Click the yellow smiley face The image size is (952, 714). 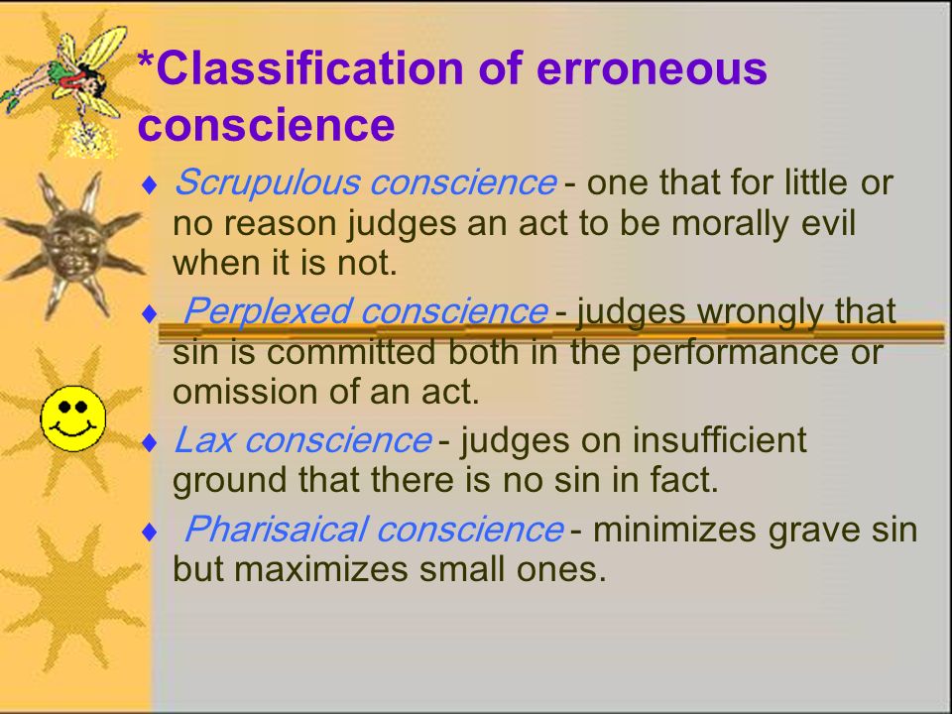tap(72, 416)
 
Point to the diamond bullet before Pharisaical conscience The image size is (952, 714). tap(149, 532)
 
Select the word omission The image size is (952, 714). tap(240, 391)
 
